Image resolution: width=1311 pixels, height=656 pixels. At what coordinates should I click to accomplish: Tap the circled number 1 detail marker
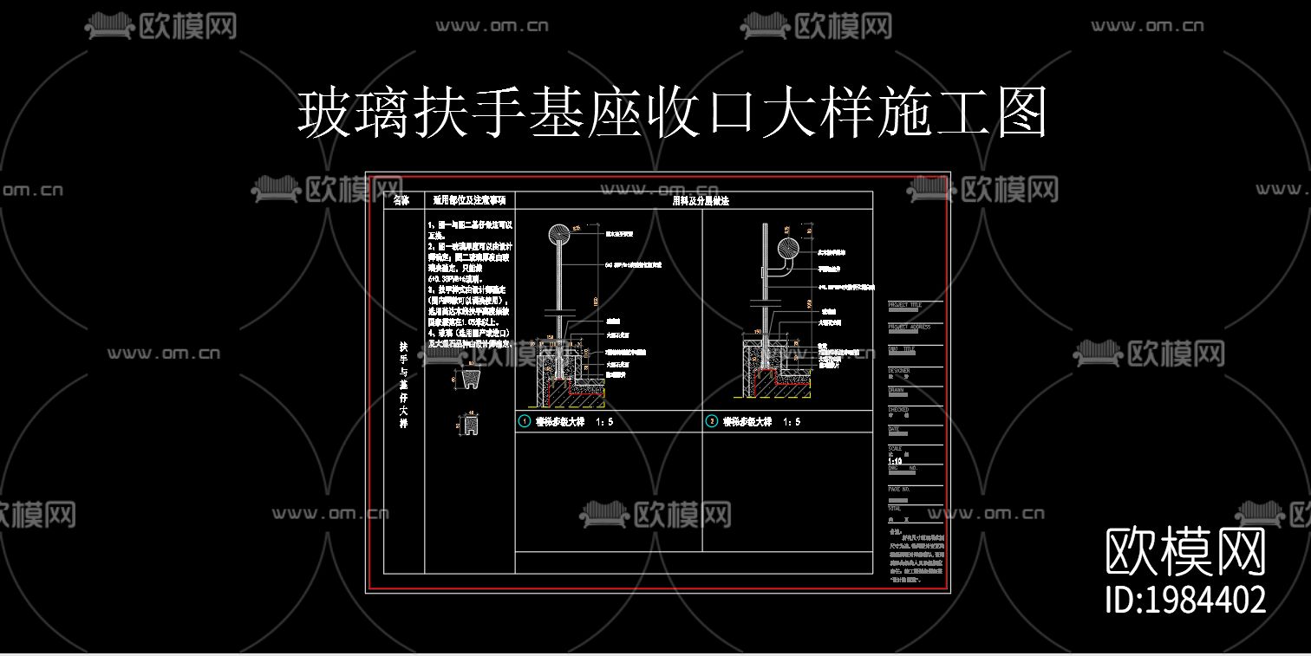524,422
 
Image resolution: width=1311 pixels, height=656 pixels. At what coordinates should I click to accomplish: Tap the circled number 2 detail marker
712,422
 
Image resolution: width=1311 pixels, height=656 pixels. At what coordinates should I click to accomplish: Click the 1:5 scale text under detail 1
604,422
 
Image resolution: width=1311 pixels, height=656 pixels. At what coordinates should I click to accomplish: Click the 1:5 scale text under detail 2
792,422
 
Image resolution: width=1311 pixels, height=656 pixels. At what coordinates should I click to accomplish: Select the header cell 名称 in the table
402,200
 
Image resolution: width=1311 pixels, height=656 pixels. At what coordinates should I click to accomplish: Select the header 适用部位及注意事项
469,200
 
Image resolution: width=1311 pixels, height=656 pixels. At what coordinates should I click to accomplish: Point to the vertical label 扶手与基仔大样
403,385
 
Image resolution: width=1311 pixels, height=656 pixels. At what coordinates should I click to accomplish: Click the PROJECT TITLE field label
905,305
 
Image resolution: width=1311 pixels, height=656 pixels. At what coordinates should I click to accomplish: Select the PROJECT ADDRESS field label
909,327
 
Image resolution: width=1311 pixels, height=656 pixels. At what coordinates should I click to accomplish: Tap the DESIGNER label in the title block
899,370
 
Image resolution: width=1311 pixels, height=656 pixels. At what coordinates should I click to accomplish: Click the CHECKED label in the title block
898,409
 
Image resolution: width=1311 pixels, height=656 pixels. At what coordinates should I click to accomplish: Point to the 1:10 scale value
896,461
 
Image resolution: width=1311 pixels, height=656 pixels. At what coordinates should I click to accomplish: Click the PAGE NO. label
899,489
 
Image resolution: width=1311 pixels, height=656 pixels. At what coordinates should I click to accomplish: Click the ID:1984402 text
1185,600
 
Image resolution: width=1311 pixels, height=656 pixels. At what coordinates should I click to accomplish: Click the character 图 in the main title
1021,113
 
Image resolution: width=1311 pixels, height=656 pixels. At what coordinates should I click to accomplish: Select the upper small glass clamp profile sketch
469,378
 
